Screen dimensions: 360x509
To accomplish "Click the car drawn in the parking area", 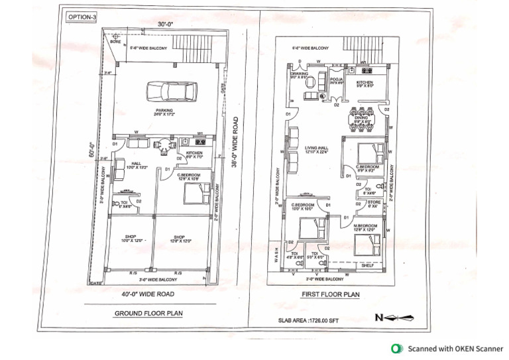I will pyautogui.click(x=168, y=90).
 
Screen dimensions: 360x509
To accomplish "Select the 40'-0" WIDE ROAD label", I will pyautogui.click(x=147, y=294).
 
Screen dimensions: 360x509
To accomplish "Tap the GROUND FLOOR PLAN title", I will pyautogui.click(x=148, y=313).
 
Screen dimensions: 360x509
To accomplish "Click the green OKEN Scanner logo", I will pyautogui.click(x=396, y=348).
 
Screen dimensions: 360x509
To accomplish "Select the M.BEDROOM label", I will pyautogui.click(x=365, y=225).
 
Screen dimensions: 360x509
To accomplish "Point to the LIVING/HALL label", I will pyautogui.click(x=317, y=148).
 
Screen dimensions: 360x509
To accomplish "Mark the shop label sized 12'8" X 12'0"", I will pyautogui.click(x=180, y=237).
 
